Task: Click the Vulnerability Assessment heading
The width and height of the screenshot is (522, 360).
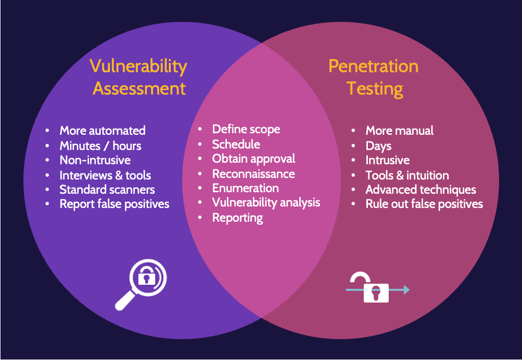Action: coord(138,77)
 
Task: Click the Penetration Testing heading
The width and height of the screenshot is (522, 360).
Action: coord(373,77)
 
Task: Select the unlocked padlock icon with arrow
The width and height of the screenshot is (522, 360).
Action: coord(378,288)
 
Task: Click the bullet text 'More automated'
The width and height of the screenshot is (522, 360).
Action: coord(102,131)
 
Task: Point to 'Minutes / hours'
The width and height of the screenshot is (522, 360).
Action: coord(100,146)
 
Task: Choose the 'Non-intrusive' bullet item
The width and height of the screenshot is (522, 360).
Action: coord(95,160)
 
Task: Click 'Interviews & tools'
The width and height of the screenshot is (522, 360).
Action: coord(105,175)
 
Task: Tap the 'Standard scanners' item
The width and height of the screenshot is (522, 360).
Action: coord(107,190)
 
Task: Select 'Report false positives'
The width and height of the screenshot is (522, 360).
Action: coord(114,204)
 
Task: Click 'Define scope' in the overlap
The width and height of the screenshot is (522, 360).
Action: coord(246,129)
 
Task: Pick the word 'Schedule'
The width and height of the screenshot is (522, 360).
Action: coord(236,144)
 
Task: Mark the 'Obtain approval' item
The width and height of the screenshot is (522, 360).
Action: coord(253,159)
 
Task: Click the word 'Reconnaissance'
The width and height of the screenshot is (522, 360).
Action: coord(253,173)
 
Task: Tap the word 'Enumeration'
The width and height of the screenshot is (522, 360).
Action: coord(245,188)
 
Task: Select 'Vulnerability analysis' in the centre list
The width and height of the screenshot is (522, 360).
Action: coord(266,202)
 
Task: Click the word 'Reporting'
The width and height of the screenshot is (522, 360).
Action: coord(238,218)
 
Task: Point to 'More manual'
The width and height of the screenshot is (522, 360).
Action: coord(399,131)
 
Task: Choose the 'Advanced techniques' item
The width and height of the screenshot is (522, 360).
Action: coord(421,190)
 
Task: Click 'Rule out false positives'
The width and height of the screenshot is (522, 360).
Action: coord(424,204)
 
